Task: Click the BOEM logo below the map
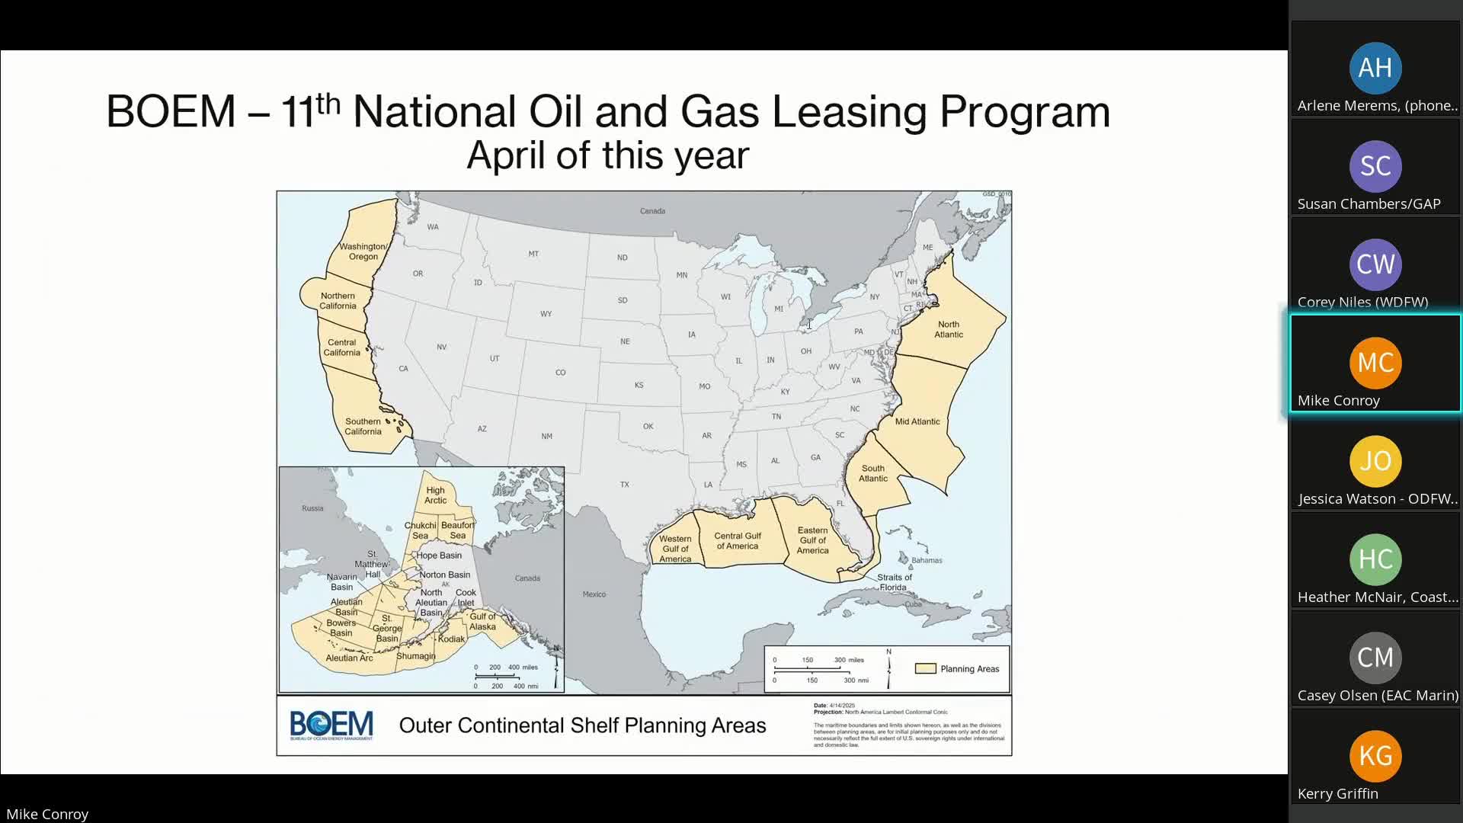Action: pyautogui.click(x=331, y=725)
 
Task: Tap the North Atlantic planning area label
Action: pyautogui.click(x=949, y=329)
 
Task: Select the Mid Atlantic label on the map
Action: pyautogui.click(x=917, y=421)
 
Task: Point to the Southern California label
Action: pyautogui.click(x=363, y=427)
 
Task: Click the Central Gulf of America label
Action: pyautogui.click(x=737, y=541)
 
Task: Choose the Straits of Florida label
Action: pyautogui.click(x=894, y=582)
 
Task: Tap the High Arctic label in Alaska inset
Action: pyautogui.click(x=435, y=495)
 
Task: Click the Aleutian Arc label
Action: pyautogui.click(x=349, y=658)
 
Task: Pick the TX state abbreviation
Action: pyautogui.click(x=625, y=485)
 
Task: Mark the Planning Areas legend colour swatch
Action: pyautogui.click(x=925, y=669)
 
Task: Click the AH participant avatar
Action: pyautogui.click(x=1375, y=68)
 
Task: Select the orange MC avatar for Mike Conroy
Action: pyautogui.click(x=1375, y=363)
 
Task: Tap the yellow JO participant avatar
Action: pyautogui.click(x=1375, y=461)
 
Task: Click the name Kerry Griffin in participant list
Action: pyautogui.click(x=1337, y=793)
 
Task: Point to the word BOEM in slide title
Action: pyautogui.click(x=171, y=112)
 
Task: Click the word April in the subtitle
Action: pyautogui.click(x=505, y=155)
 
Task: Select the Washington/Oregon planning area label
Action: pyautogui.click(x=363, y=251)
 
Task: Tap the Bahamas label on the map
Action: pyautogui.click(x=927, y=560)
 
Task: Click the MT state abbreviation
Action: pyautogui.click(x=533, y=254)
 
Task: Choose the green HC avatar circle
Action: pyautogui.click(x=1375, y=559)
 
